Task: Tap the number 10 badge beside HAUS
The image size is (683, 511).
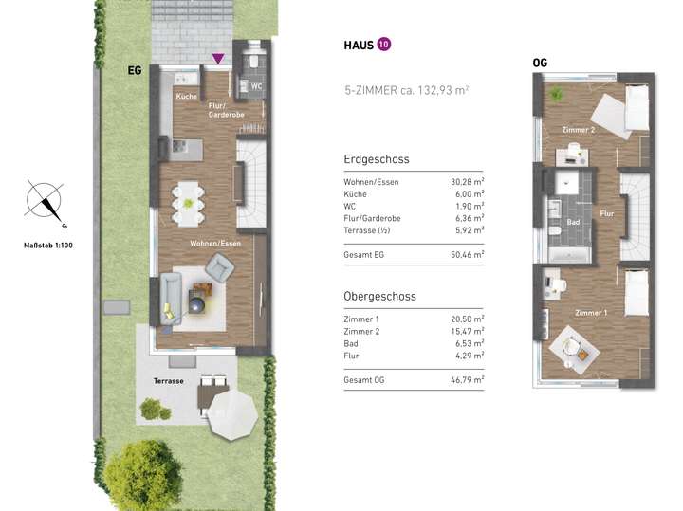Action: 383,44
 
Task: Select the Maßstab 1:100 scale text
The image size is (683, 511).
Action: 46,246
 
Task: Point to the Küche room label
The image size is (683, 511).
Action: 185,97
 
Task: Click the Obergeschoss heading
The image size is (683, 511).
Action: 379,297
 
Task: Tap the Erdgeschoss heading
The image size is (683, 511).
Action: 377,158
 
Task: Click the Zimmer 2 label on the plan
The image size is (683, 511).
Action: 579,129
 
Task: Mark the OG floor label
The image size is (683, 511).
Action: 541,64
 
